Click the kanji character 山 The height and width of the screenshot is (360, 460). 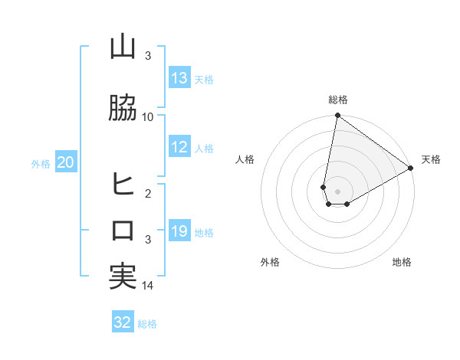point(123,47)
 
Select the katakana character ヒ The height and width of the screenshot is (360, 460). point(123,184)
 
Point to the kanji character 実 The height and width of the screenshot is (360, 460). point(123,277)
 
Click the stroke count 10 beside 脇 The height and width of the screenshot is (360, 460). point(148,117)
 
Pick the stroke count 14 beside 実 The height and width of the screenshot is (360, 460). point(148,286)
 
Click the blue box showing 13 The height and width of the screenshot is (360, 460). point(179,78)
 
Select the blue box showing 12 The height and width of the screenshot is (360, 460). point(179,147)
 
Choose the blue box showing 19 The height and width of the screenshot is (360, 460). point(179,231)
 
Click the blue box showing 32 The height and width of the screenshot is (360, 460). point(123,322)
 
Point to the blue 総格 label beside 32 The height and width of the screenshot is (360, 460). point(147,324)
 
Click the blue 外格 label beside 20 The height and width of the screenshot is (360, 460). point(41,163)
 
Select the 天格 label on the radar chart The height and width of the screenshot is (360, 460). point(431,159)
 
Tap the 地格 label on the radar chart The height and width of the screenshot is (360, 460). point(402,262)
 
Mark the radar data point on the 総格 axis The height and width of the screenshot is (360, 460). point(337,116)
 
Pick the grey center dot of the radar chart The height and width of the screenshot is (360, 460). point(337,191)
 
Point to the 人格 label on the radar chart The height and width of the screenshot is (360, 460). point(245,159)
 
